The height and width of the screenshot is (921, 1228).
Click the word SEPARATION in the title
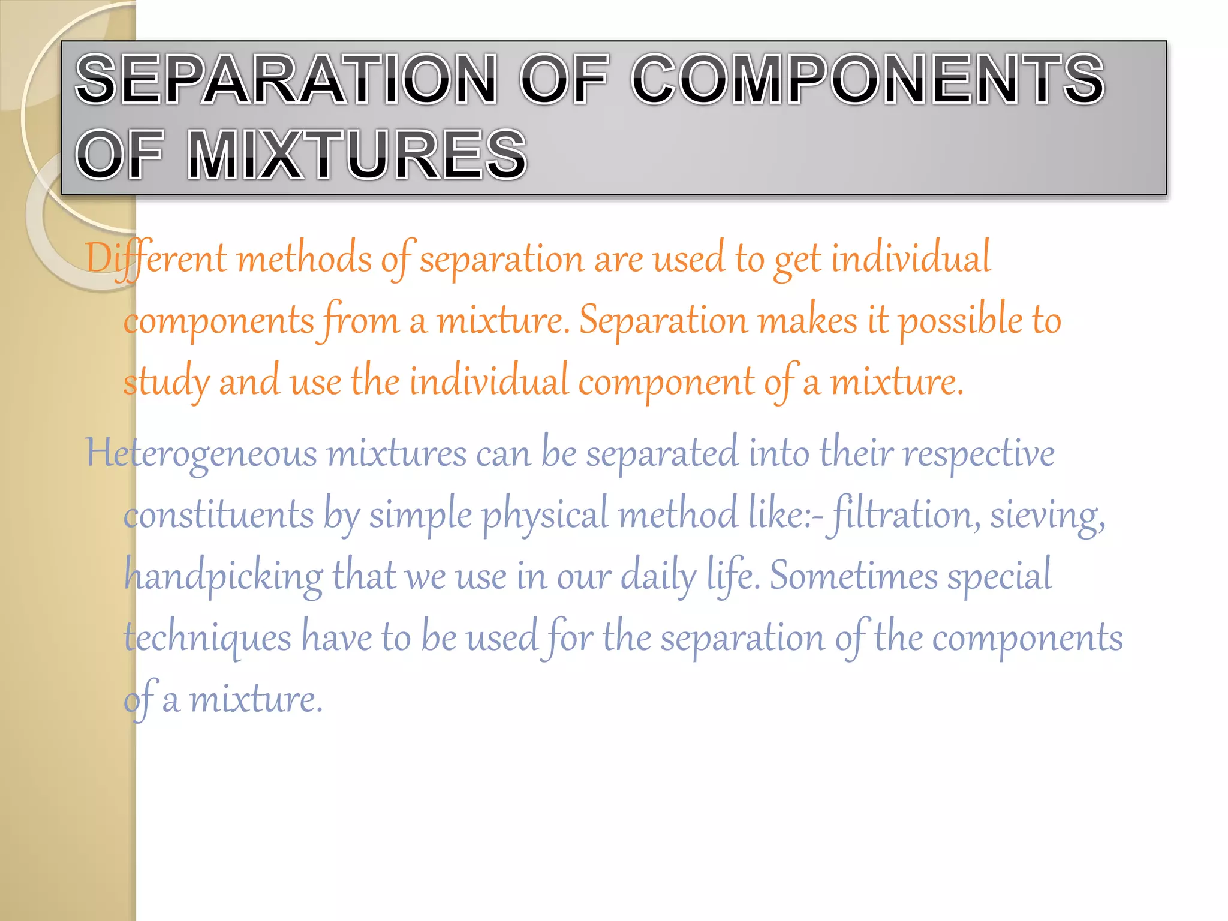(287, 79)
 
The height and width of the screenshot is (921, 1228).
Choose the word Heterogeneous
(201, 454)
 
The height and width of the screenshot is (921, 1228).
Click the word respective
(979, 454)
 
